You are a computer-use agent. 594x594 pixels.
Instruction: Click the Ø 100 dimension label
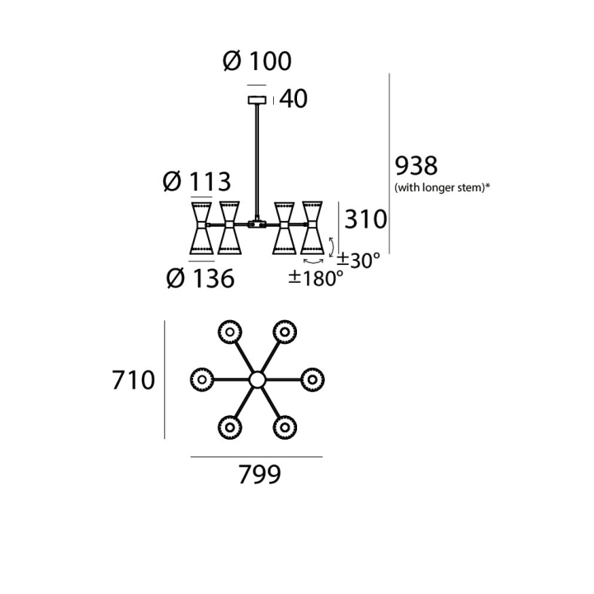click(257, 61)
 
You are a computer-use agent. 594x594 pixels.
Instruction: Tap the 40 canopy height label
click(293, 99)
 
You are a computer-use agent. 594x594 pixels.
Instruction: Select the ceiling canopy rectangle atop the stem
click(257, 100)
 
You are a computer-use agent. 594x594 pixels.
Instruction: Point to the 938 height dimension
click(416, 166)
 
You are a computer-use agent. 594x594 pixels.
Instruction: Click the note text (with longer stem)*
click(442, 187)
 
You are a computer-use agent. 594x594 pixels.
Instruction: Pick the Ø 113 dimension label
click(196, 181)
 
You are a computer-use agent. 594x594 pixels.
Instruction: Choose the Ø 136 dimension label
click(200, 279)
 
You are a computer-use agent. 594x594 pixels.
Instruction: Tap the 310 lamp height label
click(365, 219)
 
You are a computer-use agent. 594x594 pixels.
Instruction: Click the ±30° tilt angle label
click(358, 260)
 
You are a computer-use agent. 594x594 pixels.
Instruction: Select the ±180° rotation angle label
click(316, 279)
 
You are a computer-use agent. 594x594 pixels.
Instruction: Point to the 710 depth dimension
click(134, 380)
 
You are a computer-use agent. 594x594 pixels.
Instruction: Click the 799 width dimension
click(260, 474)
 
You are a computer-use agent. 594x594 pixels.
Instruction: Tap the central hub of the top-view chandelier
click(257, 379)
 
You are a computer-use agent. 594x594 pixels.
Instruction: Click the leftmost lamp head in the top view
click(202, 379)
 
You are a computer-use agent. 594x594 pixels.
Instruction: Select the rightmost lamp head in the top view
click(313, 379)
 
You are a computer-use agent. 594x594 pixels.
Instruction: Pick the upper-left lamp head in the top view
click(229, 332)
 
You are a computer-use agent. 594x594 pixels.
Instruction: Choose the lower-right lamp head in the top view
click(285, 427)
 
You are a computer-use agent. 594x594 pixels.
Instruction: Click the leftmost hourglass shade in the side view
click(201, 228)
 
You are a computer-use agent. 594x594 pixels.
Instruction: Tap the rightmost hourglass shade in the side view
click(312, 228)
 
